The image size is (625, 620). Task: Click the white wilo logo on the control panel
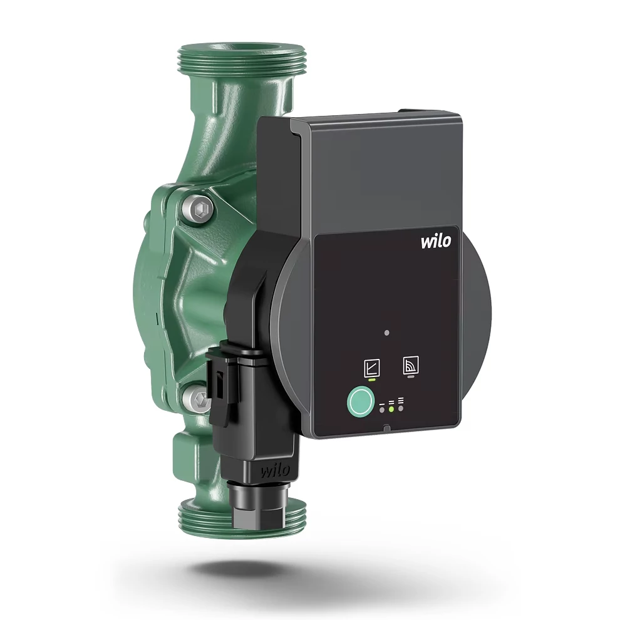(436, 241)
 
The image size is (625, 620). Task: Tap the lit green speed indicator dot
(391, 409)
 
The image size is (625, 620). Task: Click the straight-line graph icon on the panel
(372, 368)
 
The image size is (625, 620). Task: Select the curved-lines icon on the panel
(411, 365)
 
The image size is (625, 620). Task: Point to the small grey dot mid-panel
(386, 333)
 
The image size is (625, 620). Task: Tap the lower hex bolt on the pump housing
(198, 399)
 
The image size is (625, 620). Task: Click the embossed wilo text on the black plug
(275, 471)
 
